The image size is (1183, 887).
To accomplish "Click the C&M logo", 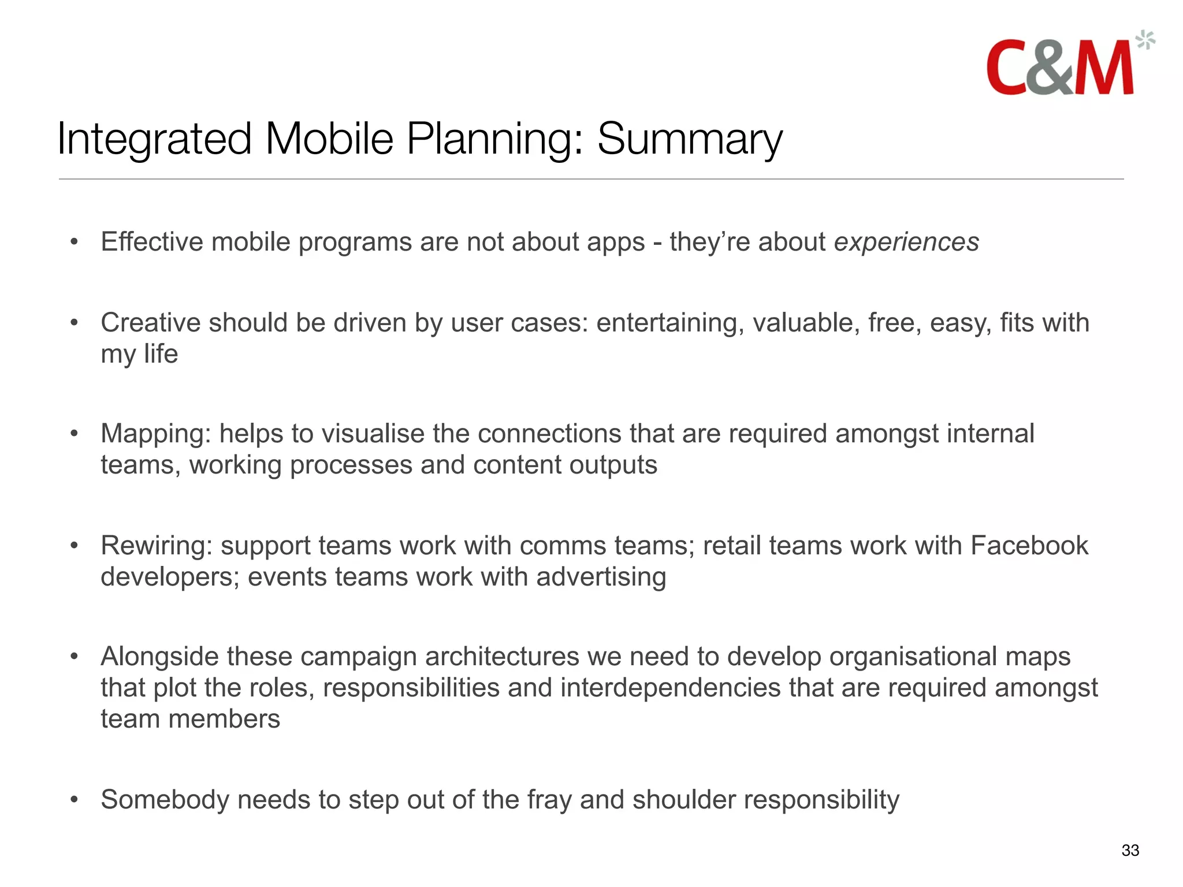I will (1060, 68).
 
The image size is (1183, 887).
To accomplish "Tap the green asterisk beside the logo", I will (1145, 40).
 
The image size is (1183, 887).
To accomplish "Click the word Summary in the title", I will (689, 139).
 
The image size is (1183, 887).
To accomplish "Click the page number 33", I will (1130, 850).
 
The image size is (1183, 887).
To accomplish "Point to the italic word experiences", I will (906, 242).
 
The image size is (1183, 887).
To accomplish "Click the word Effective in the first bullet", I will (152, 242).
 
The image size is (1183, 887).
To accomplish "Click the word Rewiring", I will (157, 546).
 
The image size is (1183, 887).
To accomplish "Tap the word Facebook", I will (1029, 546).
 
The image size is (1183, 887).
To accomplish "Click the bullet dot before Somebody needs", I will (74, 800).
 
